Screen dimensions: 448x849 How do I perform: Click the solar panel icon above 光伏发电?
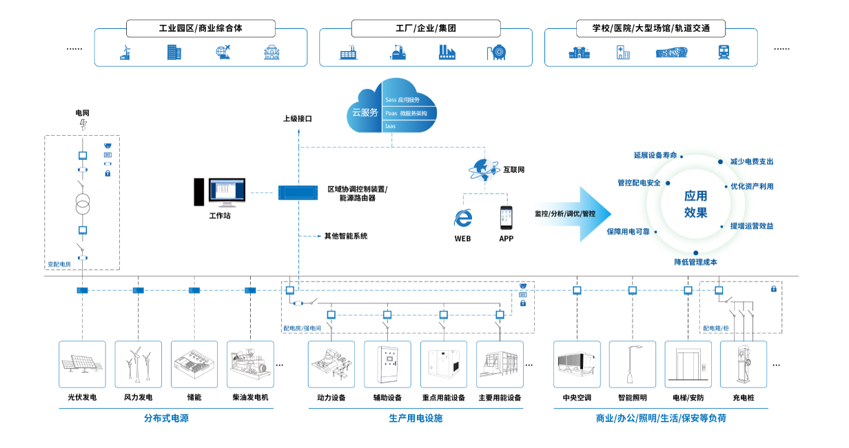[83, 363]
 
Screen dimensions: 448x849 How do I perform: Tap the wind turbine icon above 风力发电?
[138, 363]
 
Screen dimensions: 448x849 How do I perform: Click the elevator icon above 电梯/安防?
[688, 363]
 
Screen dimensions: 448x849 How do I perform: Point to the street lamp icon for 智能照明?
[632, 363]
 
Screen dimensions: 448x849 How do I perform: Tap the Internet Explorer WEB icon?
[462, 218]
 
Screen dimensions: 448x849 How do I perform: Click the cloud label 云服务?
[365, 112]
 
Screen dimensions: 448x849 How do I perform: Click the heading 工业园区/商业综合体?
[201, 29]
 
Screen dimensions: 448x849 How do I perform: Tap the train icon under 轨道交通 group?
[724, 52]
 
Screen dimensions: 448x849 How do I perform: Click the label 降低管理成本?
[695, 262]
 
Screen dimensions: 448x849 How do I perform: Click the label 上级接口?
[298, 119]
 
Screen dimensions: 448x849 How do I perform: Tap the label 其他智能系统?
[346, 236]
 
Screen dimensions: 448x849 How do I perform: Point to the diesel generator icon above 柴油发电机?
[250, 363]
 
